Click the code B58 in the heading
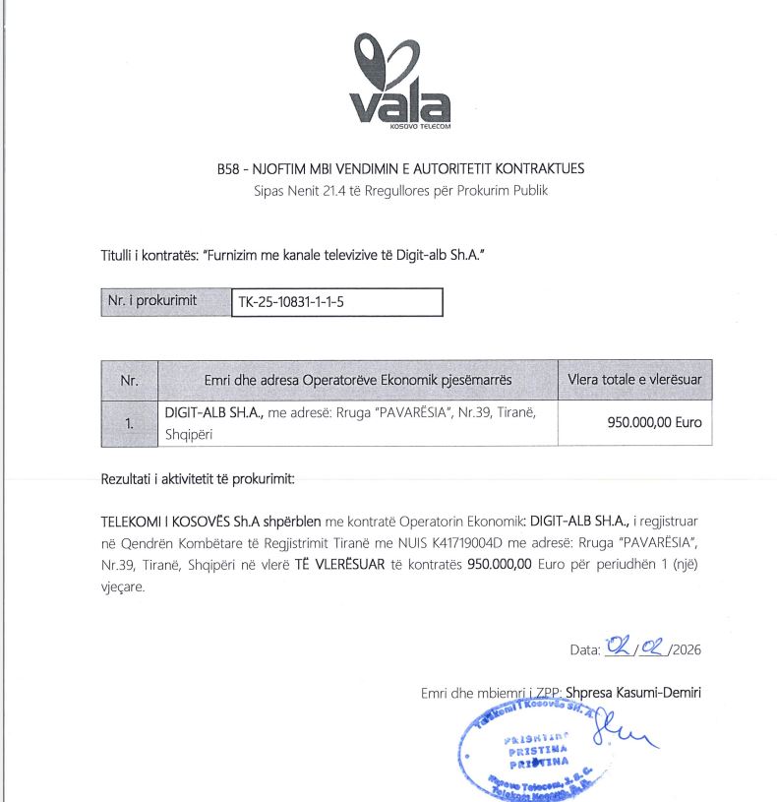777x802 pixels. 228,168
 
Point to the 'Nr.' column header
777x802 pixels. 129,379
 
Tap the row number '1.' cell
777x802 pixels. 129,424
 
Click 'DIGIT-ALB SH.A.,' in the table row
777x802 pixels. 210,413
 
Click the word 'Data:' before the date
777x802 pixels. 584,649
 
